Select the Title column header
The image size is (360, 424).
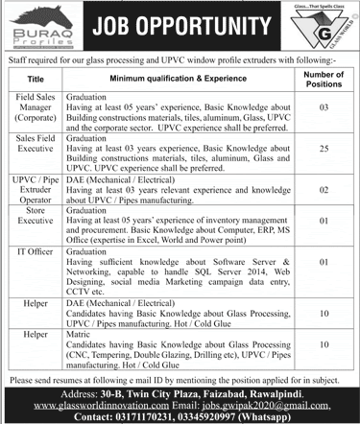pos(36,78)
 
